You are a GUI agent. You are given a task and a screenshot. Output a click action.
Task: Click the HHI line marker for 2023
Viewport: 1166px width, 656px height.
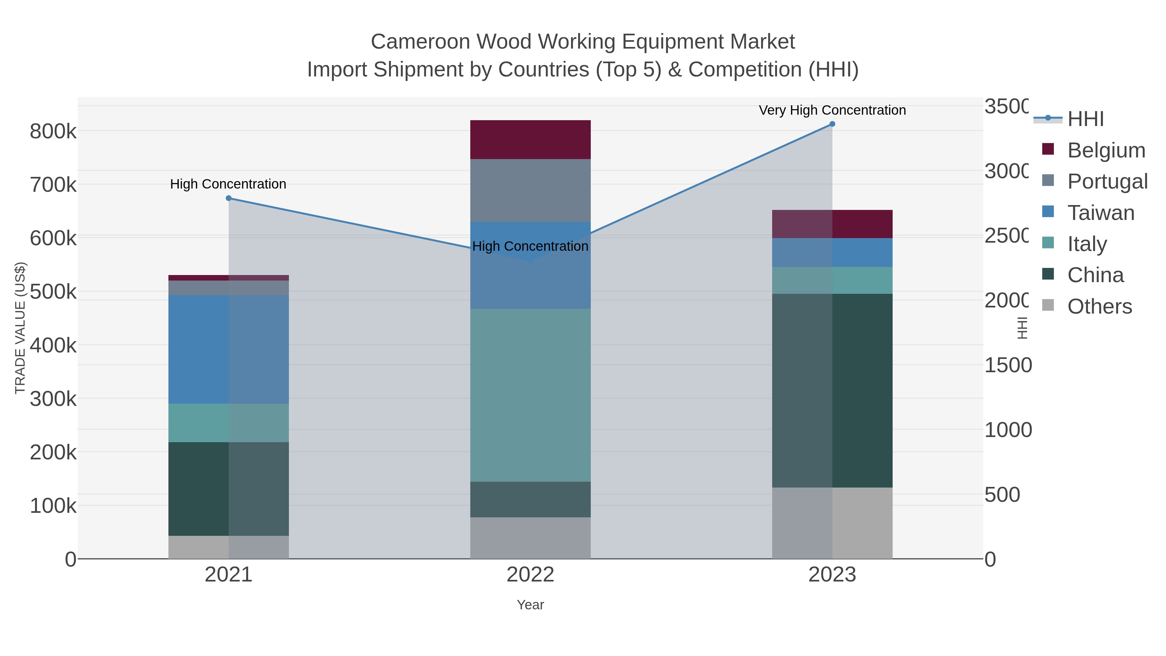point(832,124)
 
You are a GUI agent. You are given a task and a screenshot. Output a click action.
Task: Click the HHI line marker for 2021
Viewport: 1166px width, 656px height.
point(229,198)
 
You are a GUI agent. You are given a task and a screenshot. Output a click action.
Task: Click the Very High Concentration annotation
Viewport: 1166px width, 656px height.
point(832,110)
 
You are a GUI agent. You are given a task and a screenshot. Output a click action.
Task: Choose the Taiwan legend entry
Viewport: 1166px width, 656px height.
point(1100,213)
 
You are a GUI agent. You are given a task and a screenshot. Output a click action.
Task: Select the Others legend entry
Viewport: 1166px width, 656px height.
point(1099,306)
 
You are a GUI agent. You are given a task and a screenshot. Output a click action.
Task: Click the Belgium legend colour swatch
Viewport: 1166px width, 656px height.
point(1047,149)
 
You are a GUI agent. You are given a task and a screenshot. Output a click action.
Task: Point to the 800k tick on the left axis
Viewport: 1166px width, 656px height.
point(53,132)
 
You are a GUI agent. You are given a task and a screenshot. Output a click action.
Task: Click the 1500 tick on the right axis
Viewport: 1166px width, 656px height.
point(1008,365)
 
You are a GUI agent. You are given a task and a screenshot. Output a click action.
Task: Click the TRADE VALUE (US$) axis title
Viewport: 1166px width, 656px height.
point(20,328)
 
